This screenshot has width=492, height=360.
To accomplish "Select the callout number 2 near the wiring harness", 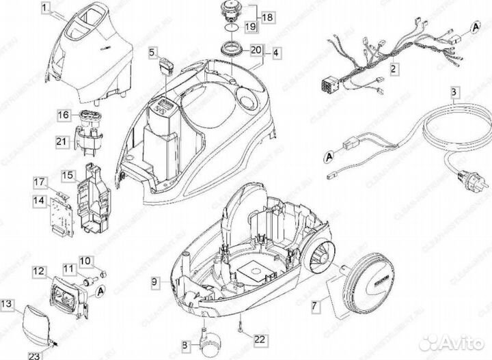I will click(394, 68).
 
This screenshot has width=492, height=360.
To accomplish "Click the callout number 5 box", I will click(154, 51).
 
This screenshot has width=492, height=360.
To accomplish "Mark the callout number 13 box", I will click(6, 302).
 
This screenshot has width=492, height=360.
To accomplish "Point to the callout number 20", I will click(256, 50).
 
